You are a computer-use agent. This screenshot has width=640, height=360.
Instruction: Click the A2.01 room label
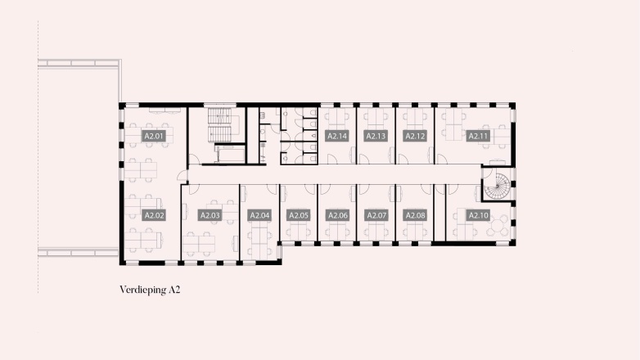coord(154,136)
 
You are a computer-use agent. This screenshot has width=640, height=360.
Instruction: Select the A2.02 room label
coord(154,215)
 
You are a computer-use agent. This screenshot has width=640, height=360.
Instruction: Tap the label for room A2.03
coord(210,215)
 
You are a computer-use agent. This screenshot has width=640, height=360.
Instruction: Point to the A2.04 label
coord(259,215)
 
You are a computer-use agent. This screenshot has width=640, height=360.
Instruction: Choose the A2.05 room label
coord(299,215)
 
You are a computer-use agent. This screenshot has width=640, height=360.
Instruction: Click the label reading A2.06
coord(337,215)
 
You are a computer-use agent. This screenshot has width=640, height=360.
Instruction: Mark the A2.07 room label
coord(376,215)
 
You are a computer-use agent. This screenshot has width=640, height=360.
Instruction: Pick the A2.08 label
coord(415,215)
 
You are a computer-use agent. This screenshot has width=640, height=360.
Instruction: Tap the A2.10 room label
coord(478,215)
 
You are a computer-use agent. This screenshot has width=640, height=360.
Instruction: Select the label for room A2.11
coord(478,136)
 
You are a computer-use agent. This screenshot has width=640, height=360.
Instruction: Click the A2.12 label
coord(415,136)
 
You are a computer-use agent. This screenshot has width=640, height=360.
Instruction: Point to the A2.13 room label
coord(376,136)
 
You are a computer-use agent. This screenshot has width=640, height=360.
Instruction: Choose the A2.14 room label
coord(337,136)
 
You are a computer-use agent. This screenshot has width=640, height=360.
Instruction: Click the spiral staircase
coord(498,186)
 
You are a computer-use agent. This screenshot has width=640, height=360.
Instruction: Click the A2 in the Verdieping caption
coord(174,290)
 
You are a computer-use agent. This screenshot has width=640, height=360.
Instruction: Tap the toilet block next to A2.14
coord(299,136)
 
